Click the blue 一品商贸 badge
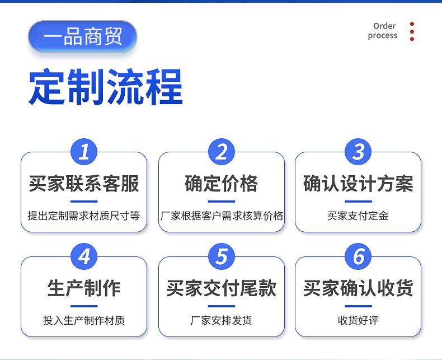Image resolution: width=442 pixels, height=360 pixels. (82, 37)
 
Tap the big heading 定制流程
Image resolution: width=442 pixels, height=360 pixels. (106, 87)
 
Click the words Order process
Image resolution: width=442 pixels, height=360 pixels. (383, 31)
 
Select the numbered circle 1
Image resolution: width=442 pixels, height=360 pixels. (84, 152)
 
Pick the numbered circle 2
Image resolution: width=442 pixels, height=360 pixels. (222, 152)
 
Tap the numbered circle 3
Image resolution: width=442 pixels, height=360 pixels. (358, 152)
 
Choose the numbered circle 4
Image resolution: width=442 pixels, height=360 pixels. (84, 256)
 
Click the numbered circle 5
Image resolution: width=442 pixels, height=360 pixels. (222, 256)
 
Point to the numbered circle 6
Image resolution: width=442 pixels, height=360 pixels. (358, 256)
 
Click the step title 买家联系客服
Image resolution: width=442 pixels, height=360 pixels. (84, 184)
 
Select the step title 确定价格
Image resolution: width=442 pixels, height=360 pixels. (222, 184)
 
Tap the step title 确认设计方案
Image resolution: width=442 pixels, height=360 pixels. (358, 184)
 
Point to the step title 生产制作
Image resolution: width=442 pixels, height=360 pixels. (84, 288)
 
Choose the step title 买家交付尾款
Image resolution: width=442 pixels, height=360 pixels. (222, 288)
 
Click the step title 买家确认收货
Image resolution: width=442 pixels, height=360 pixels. (358, 288)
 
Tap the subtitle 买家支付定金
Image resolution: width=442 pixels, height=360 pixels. (358, 216)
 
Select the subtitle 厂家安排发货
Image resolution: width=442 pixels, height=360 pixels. (222, 320)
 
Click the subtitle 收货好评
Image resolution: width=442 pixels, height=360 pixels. (358, 320)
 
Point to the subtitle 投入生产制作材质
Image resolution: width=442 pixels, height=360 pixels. (84, 320)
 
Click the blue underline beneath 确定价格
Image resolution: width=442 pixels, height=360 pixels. (222, 202)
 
